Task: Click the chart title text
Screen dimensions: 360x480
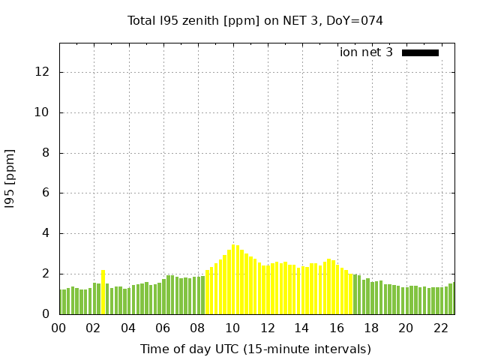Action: pos(255,20)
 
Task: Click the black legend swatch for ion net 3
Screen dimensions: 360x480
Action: pos(420,52)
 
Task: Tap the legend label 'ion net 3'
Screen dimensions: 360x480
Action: pos(366,52)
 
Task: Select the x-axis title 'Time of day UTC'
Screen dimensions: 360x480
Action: pos(255,349)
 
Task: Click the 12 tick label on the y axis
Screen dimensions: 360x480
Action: pos(43,72)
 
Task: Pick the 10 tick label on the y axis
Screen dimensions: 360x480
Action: pos(43,112)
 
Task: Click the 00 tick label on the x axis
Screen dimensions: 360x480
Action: pos(59,328)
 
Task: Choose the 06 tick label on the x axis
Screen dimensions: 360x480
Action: pos(163,328)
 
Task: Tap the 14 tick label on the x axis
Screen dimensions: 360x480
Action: pos(301,328)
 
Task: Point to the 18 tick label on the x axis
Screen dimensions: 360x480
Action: pos(371,328)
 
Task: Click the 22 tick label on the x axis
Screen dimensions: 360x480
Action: pos(440,328)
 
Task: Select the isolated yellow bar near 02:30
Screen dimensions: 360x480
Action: pos(103,292)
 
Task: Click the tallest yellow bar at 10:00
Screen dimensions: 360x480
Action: pos(233,279)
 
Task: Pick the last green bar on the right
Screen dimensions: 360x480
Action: pos(451,298)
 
